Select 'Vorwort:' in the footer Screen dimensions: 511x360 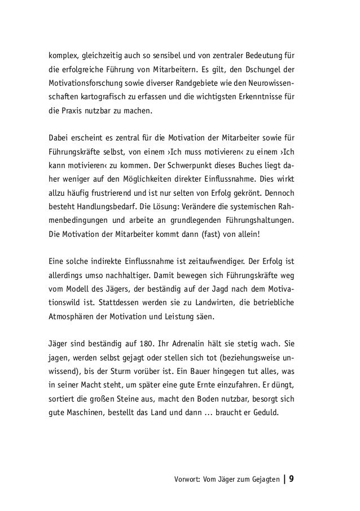pyautogui.click(x=190, y=480)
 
